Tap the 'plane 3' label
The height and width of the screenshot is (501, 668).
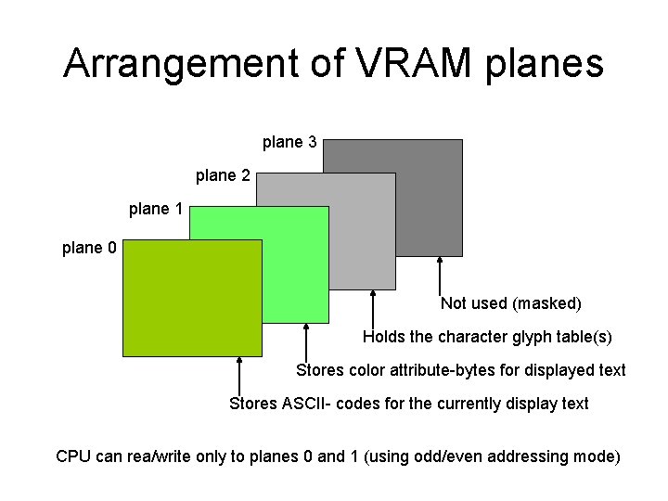[290, 142]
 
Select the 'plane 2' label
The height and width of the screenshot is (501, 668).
[223, 175]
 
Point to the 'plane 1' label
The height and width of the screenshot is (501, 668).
[156, 209]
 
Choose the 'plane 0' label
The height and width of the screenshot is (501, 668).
[89, 248]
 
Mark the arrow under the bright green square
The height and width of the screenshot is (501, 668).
[306, 342]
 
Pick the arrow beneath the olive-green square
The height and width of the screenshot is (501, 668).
[239, 376]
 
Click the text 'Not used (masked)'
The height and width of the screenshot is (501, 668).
[511, 303]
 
